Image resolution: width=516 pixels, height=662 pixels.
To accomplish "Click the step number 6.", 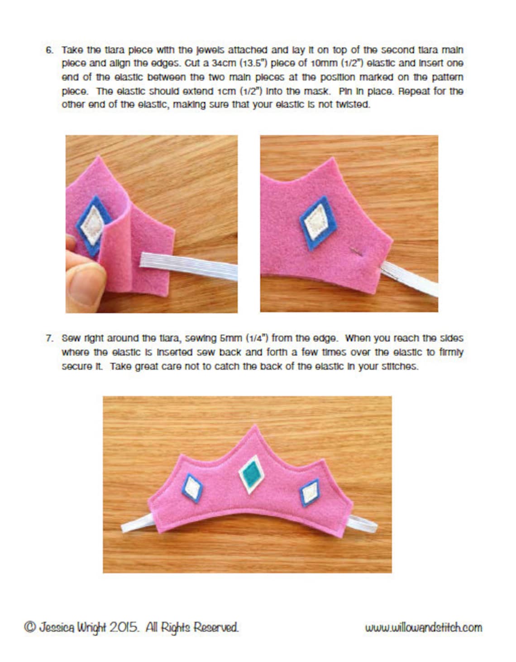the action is [49, 50].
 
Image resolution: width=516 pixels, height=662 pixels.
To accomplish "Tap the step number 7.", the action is [49, 338].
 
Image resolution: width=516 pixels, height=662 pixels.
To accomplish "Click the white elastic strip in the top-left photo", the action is [189, 267].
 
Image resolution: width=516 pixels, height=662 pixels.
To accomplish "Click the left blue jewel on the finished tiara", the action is [192, 488].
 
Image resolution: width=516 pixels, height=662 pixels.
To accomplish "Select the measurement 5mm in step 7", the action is [232, 338].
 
